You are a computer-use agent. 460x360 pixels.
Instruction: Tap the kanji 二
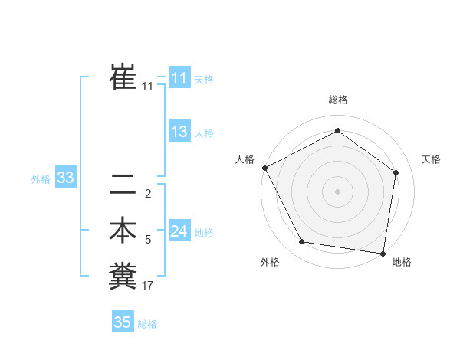[123, 185]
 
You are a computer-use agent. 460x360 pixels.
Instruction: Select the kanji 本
[123, 231]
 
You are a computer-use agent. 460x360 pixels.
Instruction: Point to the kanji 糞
[123, 276]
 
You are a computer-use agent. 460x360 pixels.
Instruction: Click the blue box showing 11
[179, 77]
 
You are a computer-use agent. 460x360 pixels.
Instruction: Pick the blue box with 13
[179, 132]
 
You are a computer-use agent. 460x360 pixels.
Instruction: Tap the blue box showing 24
[179, 231]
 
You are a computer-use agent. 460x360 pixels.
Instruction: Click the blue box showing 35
[123, 322]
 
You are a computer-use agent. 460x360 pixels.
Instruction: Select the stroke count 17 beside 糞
[148, 286]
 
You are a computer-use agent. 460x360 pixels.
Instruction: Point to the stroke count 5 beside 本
[148, 241]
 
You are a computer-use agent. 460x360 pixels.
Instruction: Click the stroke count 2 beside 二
[148, 193]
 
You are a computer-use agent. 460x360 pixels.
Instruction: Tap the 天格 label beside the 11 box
[204, 79]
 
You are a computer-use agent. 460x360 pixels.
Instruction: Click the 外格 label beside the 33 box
[41, 180]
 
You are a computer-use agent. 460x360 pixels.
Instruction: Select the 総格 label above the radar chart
[337, 100]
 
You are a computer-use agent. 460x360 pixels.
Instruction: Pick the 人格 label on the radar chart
[245, 159]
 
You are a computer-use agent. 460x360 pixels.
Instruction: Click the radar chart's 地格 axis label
[402, 262]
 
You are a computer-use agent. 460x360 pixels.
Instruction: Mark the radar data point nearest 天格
[396, 172]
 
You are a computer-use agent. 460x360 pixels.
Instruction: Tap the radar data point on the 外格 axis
[302, 242]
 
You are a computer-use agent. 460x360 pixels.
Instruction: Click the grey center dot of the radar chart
[337, 191]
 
